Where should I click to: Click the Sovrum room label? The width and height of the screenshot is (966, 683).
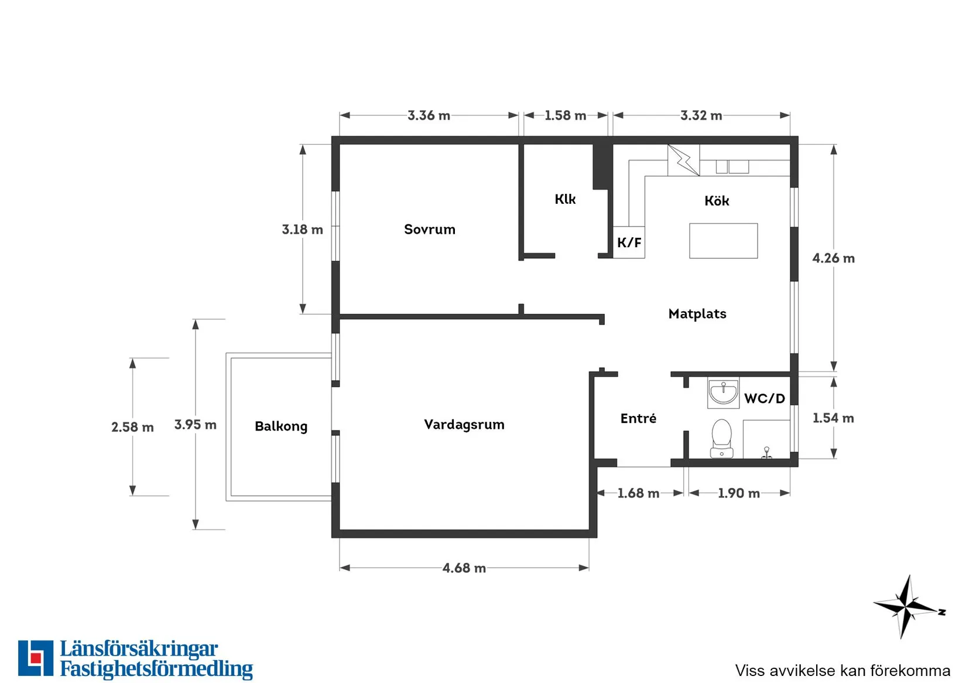click(x=430, y=229)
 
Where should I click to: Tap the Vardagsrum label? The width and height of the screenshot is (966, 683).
click(x=464, y=425)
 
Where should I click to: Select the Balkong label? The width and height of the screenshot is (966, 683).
click(x=281, y=426)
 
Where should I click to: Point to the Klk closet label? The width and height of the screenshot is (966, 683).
click(x=565, y=199)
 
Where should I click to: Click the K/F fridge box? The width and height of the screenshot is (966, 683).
click(x=629, y=243)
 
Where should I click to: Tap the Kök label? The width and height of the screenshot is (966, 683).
click(x=717, y=201)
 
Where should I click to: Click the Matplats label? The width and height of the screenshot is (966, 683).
click(x=697, y=313)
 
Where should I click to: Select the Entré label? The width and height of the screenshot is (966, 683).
click(x=638, y=418)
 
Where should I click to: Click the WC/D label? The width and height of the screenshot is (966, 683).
click(x=765, y=398)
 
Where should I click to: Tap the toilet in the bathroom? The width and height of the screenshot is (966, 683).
click(x=721, y=438)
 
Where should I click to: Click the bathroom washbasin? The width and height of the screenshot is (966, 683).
click(x=723, y=392)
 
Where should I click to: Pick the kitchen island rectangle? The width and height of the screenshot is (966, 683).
click(x=723, y=241)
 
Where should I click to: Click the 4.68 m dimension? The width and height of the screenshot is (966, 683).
click(x=464, y=568)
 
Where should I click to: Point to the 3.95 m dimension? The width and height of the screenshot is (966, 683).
click(x=196, y=425)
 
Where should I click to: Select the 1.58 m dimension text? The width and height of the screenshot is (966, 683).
click(x=566, y=115)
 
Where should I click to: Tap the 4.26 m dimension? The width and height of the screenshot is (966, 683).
click(x=834, y=258)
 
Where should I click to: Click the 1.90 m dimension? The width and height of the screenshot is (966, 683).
click(x=739, y=493)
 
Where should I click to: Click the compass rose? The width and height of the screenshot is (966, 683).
click(x=908, y=606)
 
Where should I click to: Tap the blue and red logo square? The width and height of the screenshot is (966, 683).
click(x=36, y=658)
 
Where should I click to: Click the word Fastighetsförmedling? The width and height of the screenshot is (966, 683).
click(x=156, y=669)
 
